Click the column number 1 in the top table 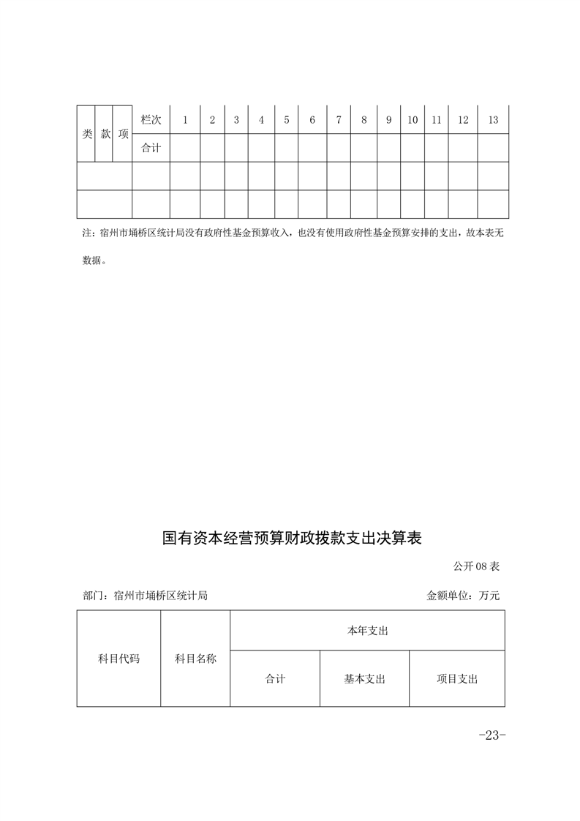pos(185,120)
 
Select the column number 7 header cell pos(339,120)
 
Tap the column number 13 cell pos(493,120)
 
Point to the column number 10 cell pos(413,120)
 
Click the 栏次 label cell pos(151,120)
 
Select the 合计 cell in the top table pos(151,148)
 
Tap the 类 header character pos(86,134)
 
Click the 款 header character pos(105,134)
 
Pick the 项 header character pos(123,134)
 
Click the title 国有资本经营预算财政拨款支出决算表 pos(293,539)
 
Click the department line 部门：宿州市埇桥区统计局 pos(146,596)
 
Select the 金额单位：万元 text pos(463,596)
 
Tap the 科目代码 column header pos(118,659)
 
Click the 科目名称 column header pos(195,659)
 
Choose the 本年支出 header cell pos(367,630)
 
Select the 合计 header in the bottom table pos(275,679)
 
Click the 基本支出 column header pos(364,679)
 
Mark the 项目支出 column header pos(457,679)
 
